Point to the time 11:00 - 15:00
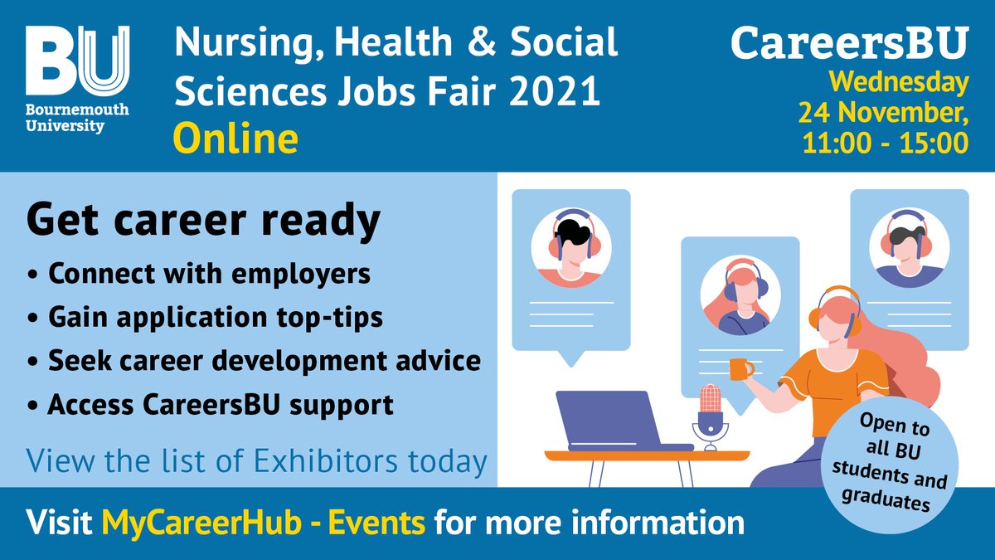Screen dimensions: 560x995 tap(884, 142)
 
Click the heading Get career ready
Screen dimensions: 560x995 tap(203, 221)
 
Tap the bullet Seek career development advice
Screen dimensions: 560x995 tap(254, 362)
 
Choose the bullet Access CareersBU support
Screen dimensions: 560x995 tap(210, 407)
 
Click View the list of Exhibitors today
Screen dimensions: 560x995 tap(256, 460)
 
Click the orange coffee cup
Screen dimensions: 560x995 tap(740, 368)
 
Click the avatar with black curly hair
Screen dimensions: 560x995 tap(570, 243)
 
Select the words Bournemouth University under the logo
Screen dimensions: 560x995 tap(66, 118)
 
